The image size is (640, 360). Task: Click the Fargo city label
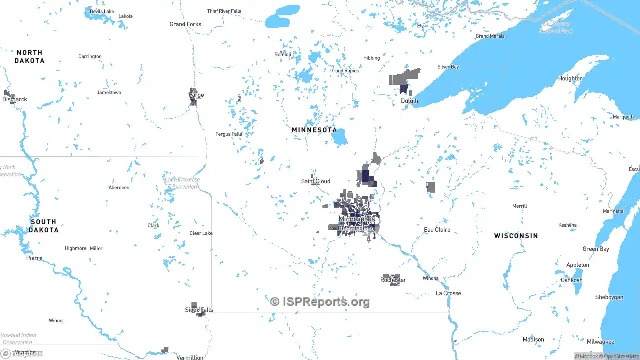[196, 95]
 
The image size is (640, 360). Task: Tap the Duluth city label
[409, 101]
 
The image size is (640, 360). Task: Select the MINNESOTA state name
[314, 130]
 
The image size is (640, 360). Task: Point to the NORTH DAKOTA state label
[29, 57]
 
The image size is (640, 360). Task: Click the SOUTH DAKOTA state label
[43, 226]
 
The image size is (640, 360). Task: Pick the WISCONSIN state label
[516, 236]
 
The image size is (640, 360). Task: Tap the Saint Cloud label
[315, 181]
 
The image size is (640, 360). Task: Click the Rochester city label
[393, 280]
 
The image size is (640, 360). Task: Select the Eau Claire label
[437, 230]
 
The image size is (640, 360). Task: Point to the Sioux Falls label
[199, 310]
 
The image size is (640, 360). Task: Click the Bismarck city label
[15, 99]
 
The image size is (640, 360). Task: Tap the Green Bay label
[596, 249]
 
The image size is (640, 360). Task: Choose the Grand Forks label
[185, 24]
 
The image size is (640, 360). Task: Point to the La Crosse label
[448, 293]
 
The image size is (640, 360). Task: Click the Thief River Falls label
[224, 11]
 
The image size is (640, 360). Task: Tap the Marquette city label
[624, 117]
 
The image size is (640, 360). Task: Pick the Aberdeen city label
[119, 188]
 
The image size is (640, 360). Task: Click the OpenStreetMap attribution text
[621, 356]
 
